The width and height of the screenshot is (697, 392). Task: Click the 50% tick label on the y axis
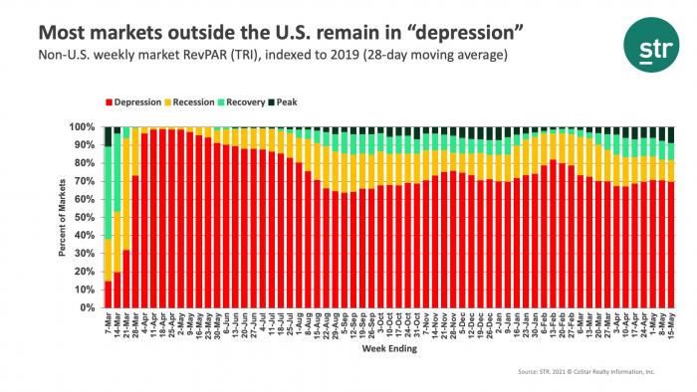click(86, 218)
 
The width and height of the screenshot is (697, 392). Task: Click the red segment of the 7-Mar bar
click(108, 294)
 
